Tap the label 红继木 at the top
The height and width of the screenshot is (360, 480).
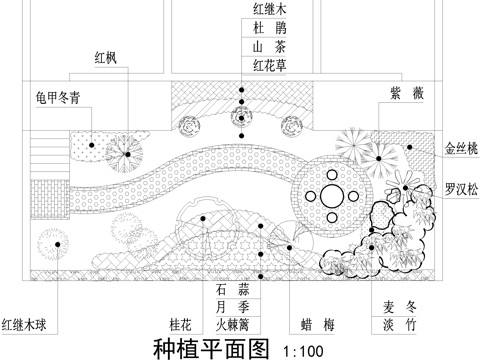click(x=270, y=10)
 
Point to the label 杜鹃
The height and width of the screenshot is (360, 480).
click(x=270, y=29)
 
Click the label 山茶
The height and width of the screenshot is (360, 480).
click(x=270, y=47)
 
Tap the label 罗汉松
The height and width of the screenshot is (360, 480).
click(x=461, y=187)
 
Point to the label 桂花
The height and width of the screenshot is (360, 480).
click(x=181, y=324)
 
